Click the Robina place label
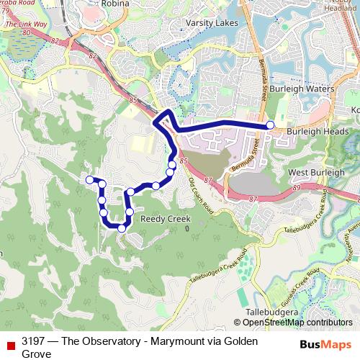tap(115, 4)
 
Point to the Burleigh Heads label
tap(318, 132)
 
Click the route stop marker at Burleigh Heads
tap(270, 125)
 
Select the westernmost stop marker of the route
tap(89, 179)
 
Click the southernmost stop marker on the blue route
tap(122, 228)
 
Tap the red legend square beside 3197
tap(10, 341)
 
